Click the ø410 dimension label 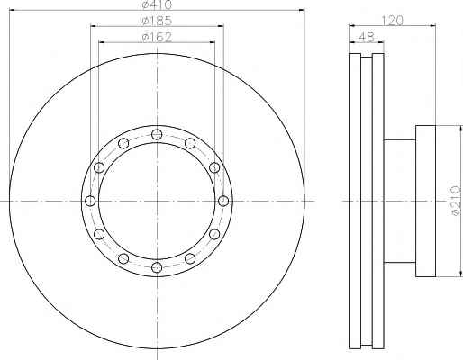[157, 4]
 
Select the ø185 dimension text [157, 21]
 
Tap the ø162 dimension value [157, 37]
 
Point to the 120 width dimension [392, 21]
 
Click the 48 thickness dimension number [367, 37]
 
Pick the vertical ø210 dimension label [456, 201]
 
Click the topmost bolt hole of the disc [157, 134]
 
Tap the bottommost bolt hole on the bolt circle [157, 267]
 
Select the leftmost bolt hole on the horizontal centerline [90, 201]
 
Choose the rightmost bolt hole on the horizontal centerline [223, 201]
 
